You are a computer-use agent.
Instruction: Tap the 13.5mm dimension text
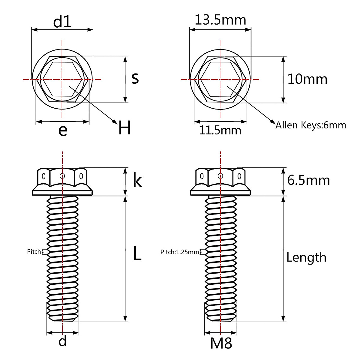pos(220,20)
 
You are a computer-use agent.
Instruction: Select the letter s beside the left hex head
pos(135,79)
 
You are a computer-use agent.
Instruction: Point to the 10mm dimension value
pos(307,79)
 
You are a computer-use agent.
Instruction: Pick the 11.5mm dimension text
pos(220,130)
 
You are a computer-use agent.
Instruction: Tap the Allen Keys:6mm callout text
pos(311,125)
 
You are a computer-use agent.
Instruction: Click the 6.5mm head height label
pos(308,180)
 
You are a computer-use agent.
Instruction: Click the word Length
pos(306,257)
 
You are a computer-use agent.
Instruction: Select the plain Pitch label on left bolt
pos(34,251)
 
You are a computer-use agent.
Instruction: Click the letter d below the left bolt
pos(63,341)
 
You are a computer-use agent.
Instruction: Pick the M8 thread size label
pos(221,343)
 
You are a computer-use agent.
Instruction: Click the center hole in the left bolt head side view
pos(62,176)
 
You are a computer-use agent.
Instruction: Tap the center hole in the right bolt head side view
pos(220,176)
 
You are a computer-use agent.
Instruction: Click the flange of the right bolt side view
pos(220,192)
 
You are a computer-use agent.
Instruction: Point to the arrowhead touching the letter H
pos(115,121)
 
